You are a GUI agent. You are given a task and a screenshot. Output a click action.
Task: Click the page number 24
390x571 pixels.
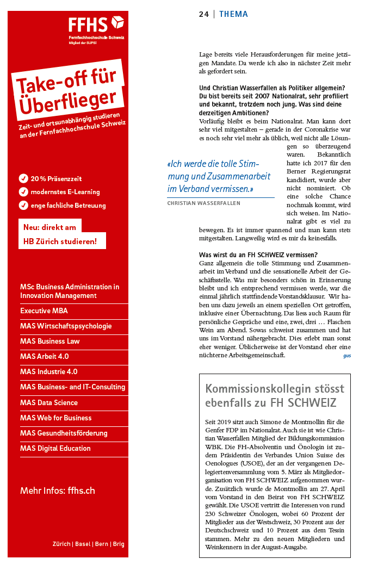click(x=203, y=14)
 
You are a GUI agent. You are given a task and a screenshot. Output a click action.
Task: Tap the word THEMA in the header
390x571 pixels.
click(x=233, y=14)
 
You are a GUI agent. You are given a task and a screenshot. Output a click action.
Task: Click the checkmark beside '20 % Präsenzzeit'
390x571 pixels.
click(x=23, y=178)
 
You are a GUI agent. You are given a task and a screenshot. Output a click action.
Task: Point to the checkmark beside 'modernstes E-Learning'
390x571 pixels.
click(x=23, y=191)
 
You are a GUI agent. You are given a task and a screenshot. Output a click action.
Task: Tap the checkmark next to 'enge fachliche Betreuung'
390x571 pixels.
click(x=23, y=205)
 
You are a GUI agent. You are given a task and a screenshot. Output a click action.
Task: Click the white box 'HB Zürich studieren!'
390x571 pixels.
click(x=60, y=241)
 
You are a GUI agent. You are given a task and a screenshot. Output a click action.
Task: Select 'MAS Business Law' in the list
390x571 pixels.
click(x=50, y=342)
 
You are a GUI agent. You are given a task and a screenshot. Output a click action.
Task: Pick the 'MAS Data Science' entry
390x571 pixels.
click(x=49, y=402)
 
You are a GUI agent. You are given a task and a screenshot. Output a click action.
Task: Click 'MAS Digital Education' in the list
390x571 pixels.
click(x=55, y=448)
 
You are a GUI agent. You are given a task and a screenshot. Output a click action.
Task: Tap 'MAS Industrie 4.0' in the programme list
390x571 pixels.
click(x=49, y=372)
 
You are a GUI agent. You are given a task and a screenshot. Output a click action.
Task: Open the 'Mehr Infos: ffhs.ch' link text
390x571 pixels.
click(x=58, y=491)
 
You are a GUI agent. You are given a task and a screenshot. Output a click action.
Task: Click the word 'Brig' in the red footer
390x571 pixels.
click(x=118, y=544)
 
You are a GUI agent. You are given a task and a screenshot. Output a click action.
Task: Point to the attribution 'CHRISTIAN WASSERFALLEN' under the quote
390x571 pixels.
click(x=203, y=203)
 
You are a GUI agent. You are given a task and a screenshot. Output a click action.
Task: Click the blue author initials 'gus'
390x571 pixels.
click(x=347, y=356)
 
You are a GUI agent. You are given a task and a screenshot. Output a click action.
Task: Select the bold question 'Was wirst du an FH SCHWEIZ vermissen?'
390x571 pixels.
click(x=258, y=255)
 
